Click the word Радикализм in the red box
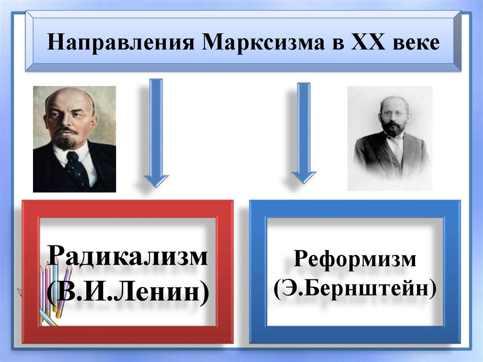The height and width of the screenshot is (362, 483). coord(128,258)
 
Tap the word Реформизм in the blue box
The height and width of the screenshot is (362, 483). coord(355,260)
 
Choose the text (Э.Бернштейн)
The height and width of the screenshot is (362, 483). coord(355,287)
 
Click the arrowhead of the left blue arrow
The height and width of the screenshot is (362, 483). coord(156,180)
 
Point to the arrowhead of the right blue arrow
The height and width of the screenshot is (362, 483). coord(303,177)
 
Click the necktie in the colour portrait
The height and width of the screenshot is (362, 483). coord(75,170)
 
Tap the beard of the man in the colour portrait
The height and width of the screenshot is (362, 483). coord(66,141)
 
